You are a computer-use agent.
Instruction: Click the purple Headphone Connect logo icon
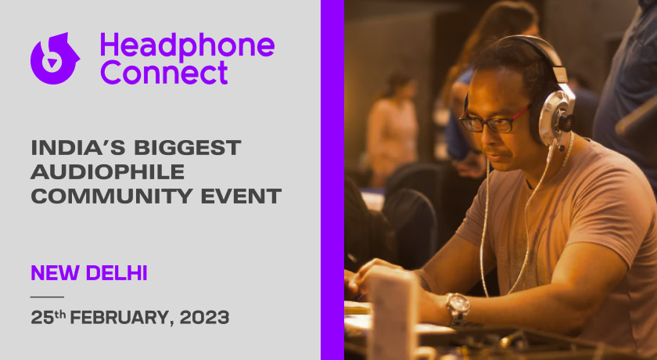pyautogui.click(x=55, y=59)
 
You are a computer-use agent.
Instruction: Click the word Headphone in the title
pyautogui.click(x=187, y=45)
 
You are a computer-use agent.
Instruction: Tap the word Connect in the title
pyautogui.click(x=163, y=73)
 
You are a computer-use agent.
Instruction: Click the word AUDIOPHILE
pyautogui.click(x=108, y=172)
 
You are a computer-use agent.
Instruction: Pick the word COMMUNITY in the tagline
pyautogui.click(x=112, y=196)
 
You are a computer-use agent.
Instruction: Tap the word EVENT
pyautogui.click(x=241, y=196)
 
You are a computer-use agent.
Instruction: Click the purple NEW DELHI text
pyautogui.click(x=89, y=273)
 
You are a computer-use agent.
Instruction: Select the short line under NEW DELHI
pyautogui.click(x=48, y=297)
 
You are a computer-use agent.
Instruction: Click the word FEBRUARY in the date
pyautogui.click(x=121, y=318)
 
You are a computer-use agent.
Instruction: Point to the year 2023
pyautogui.click(x=204, y=317)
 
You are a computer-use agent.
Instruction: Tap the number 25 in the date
pyautogui.click(x=42, y=318)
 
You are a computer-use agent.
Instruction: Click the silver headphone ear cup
pyautogui.click(x=556, y=117)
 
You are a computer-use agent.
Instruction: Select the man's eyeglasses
pyautogui.click(x=492, y=120)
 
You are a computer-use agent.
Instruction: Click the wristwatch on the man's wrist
pyautogui.click(x=458, y=308)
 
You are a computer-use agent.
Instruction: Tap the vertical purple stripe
pyautogui.click(x=332, y=180)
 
